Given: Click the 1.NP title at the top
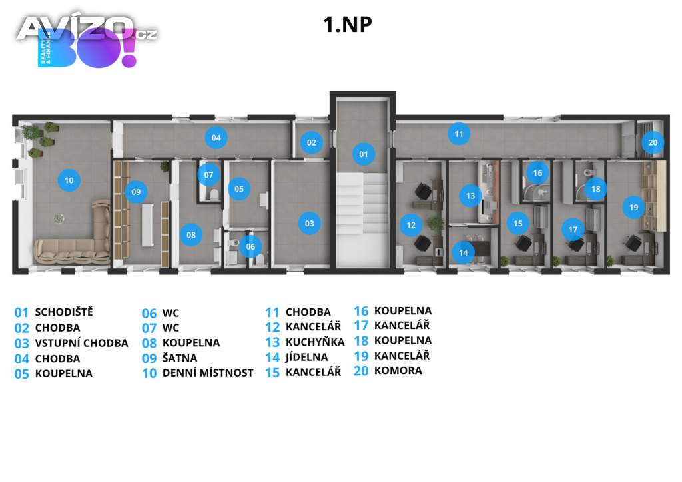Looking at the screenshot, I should click(x=347, y=24).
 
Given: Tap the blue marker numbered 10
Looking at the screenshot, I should click(x=69, y=179).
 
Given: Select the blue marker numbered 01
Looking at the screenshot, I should click(x=363, y=154).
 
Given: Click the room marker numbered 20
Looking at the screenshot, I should click(x=653, y=142).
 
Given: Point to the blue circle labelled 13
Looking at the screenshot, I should click(x=470, y=196).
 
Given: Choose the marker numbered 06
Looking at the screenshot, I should click(x=250, y=246).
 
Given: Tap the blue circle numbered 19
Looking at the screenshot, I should click(x=633, y=207).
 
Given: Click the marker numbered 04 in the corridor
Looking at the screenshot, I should click(x=216, y=138).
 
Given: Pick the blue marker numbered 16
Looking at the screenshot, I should click(x=537, y=172).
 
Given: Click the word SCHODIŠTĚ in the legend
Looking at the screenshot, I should click(x=64, y=312).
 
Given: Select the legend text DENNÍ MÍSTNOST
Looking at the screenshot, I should click(x=208, y=373).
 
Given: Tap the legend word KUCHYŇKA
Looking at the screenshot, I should click(x=315, y=342).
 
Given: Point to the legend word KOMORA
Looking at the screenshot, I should click(x=398, y=370).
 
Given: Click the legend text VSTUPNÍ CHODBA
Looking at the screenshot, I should click(x=81, y=343).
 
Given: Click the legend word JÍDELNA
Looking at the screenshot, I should click(x=306, y=357).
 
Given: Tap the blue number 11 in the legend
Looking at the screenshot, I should click(x=272, y=312).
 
